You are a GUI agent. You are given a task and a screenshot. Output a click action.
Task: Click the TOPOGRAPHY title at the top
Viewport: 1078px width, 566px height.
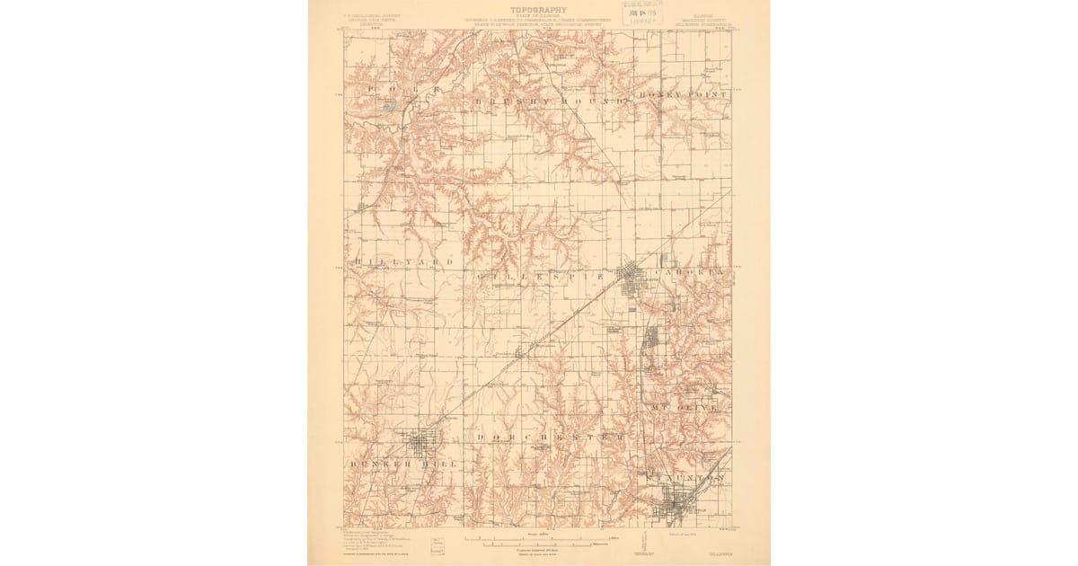point(538,10)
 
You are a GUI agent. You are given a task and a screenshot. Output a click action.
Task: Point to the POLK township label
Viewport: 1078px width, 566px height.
point(399,92)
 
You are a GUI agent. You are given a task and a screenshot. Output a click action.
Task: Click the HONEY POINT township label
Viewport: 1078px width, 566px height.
point(683,93)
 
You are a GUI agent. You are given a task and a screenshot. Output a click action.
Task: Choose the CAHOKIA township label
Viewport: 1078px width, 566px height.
point(690,270)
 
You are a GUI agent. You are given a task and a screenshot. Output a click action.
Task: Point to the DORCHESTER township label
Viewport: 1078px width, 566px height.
point(550,438)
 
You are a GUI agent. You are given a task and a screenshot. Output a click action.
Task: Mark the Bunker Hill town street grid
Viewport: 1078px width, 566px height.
point(420,442)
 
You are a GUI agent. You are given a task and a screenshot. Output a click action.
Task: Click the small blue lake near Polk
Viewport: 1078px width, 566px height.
point(390,106)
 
